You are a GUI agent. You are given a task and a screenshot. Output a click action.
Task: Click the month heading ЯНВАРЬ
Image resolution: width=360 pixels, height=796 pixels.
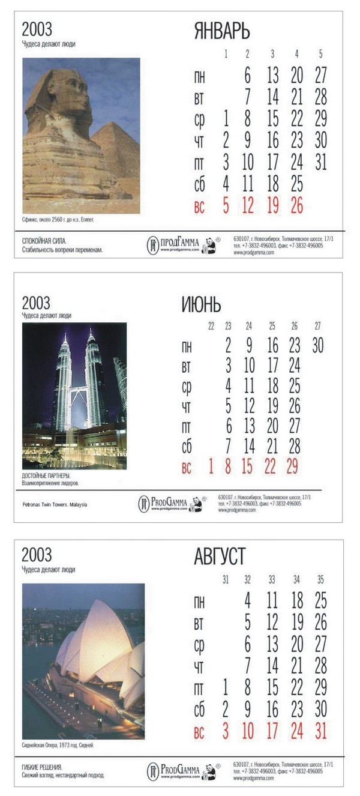221,31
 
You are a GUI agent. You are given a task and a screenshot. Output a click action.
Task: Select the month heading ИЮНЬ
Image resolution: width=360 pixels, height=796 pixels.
201,304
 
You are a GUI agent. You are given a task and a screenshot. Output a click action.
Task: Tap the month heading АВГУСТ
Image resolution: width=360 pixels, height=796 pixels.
219,556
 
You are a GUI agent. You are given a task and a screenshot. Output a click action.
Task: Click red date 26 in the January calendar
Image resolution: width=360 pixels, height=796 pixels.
296,206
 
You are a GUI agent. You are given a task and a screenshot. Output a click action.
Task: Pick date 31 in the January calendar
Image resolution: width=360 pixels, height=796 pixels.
320,162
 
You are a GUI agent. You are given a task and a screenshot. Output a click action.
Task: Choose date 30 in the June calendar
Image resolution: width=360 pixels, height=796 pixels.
317,345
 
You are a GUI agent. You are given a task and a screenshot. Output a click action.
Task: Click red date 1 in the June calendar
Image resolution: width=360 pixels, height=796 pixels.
211,466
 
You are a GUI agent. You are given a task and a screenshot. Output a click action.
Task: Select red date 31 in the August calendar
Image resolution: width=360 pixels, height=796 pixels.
320,732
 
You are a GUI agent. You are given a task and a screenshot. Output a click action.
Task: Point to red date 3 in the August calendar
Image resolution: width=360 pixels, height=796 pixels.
226,732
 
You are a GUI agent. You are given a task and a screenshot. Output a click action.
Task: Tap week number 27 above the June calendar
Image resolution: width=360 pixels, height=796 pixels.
317,326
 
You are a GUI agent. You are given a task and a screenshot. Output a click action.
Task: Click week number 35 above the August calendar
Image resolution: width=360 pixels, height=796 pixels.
320,580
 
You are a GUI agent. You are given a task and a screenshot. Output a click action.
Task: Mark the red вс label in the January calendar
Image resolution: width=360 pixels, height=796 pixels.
199,207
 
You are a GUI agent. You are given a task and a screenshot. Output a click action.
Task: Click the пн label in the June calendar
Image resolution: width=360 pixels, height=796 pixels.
187,346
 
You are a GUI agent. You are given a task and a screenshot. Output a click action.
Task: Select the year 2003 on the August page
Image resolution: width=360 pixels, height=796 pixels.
37,554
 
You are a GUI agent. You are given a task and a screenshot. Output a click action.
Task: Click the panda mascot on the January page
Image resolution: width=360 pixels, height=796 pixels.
209,246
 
